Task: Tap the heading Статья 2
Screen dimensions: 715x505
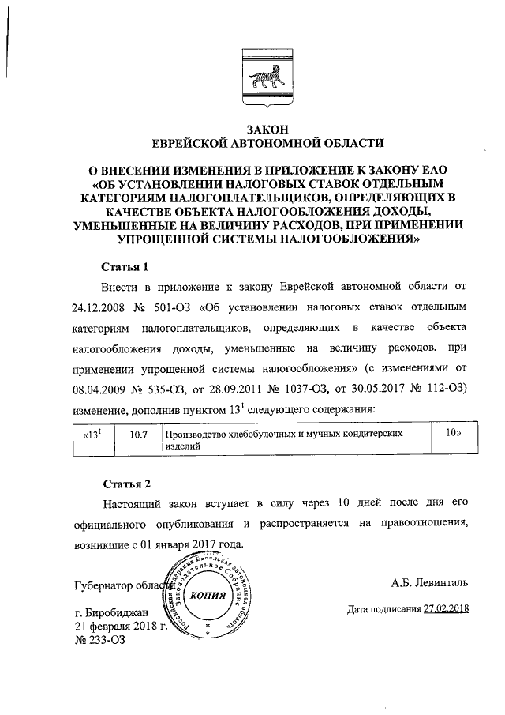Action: click(x=125, y=483)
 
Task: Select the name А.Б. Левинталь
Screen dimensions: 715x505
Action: click(x=429, y=583)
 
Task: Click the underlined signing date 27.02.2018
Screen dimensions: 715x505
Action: click(x=446, y=609)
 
